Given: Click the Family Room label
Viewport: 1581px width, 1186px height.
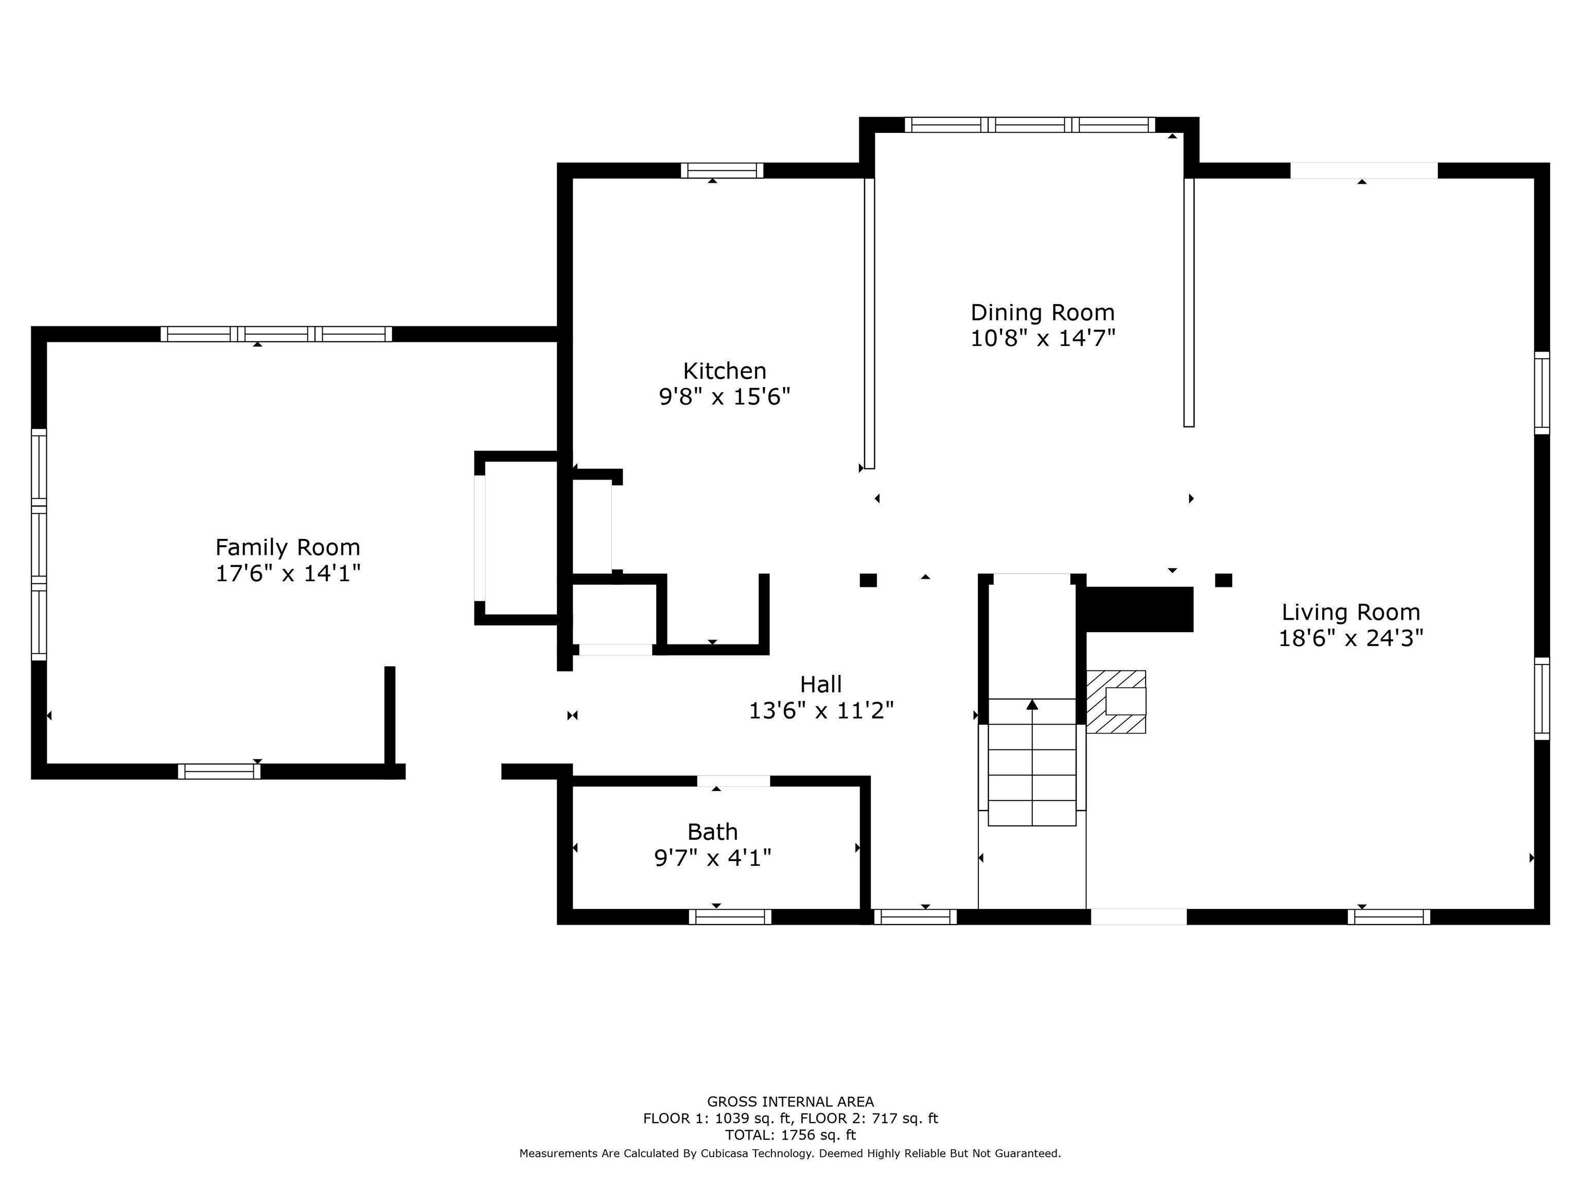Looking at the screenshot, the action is (288, 548).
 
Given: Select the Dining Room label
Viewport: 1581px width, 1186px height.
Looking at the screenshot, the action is (1042, 312).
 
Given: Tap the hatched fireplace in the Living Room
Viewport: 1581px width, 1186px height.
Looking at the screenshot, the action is (1116, 701).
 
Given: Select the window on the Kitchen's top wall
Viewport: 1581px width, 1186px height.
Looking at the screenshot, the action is (722, 170).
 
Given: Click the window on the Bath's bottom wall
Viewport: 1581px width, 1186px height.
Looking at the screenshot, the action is (730, 916).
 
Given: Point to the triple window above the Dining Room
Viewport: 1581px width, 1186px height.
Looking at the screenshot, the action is (1030, 125).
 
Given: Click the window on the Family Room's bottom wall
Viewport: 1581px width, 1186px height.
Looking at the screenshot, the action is (219, 772).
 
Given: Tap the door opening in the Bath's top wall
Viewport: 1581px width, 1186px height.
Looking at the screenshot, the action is (733, 781).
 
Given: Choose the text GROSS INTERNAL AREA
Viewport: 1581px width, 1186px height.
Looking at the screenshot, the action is (790, 1102).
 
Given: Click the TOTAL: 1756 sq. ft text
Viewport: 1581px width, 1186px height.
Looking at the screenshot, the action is (790, 1135).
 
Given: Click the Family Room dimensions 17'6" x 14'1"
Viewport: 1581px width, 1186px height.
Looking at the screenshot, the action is (288, 573).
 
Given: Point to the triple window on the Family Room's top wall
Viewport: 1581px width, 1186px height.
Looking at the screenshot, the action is (276, 334).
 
